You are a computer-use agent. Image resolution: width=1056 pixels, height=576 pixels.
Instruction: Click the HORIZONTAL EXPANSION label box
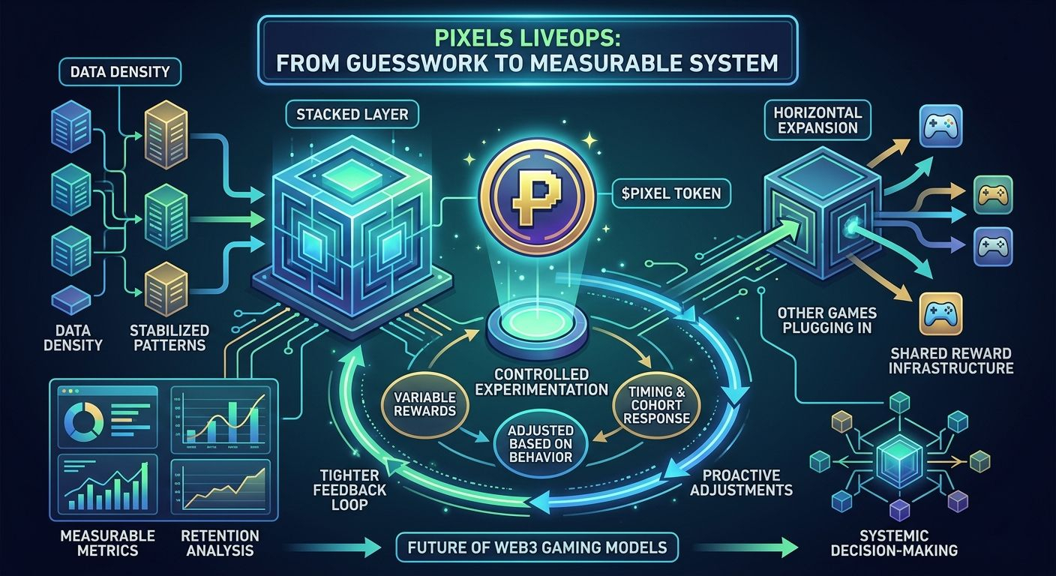pos(817,120)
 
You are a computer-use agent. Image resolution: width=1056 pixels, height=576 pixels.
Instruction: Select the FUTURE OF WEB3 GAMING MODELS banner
pos(537,547)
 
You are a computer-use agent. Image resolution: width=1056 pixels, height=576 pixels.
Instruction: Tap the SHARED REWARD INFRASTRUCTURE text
pos(951,360)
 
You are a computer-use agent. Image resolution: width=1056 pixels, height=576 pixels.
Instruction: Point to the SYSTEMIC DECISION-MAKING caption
pos(910,543)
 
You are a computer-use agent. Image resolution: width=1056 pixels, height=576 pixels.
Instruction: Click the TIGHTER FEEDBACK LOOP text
pos(351,490)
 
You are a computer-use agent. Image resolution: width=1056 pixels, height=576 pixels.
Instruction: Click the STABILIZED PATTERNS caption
pos(169,337)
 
